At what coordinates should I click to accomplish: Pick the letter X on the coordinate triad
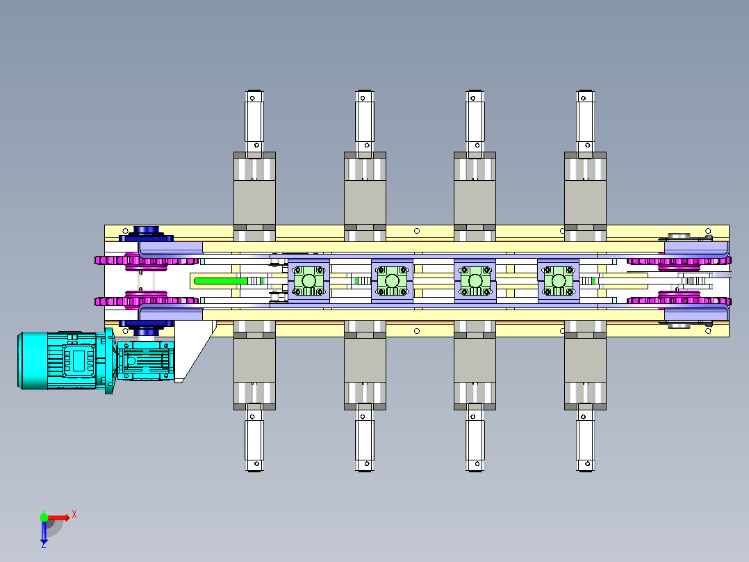74,514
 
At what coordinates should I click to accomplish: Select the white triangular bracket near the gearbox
195,348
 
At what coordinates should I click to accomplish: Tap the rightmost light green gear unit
558,281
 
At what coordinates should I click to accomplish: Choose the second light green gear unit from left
392,281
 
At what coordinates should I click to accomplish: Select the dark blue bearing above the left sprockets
146,232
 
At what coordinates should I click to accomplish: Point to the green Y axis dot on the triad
44,517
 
